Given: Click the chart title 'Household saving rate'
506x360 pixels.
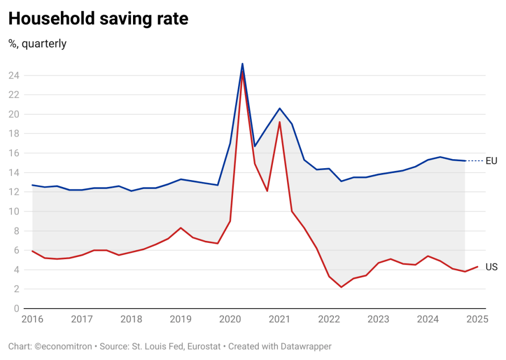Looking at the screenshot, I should tap(98, 19).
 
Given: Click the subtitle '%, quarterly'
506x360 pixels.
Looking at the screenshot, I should tap(38, 44).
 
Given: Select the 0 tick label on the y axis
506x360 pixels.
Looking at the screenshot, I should tap(16, 309).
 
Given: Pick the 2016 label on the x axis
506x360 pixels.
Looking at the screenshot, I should tap(32, 319).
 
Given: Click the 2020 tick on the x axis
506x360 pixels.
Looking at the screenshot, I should tap(230, 319).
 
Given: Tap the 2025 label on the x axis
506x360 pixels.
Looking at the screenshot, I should tap(477, 319).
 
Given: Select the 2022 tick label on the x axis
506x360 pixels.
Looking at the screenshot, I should tap(329, 319).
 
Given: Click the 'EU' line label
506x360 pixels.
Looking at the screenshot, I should tap(491, 161).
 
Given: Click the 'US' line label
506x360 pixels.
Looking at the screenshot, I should tap(491, 267).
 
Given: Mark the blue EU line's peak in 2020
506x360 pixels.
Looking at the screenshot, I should tap(242, 64).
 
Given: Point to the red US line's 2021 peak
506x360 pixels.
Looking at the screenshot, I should tap(279, 122).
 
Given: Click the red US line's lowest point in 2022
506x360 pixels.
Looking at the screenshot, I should tap(341, 287).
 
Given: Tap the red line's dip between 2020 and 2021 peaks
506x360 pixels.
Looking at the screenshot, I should tap(267, 190).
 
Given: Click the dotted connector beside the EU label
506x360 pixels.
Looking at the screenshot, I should tap(475, 161).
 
